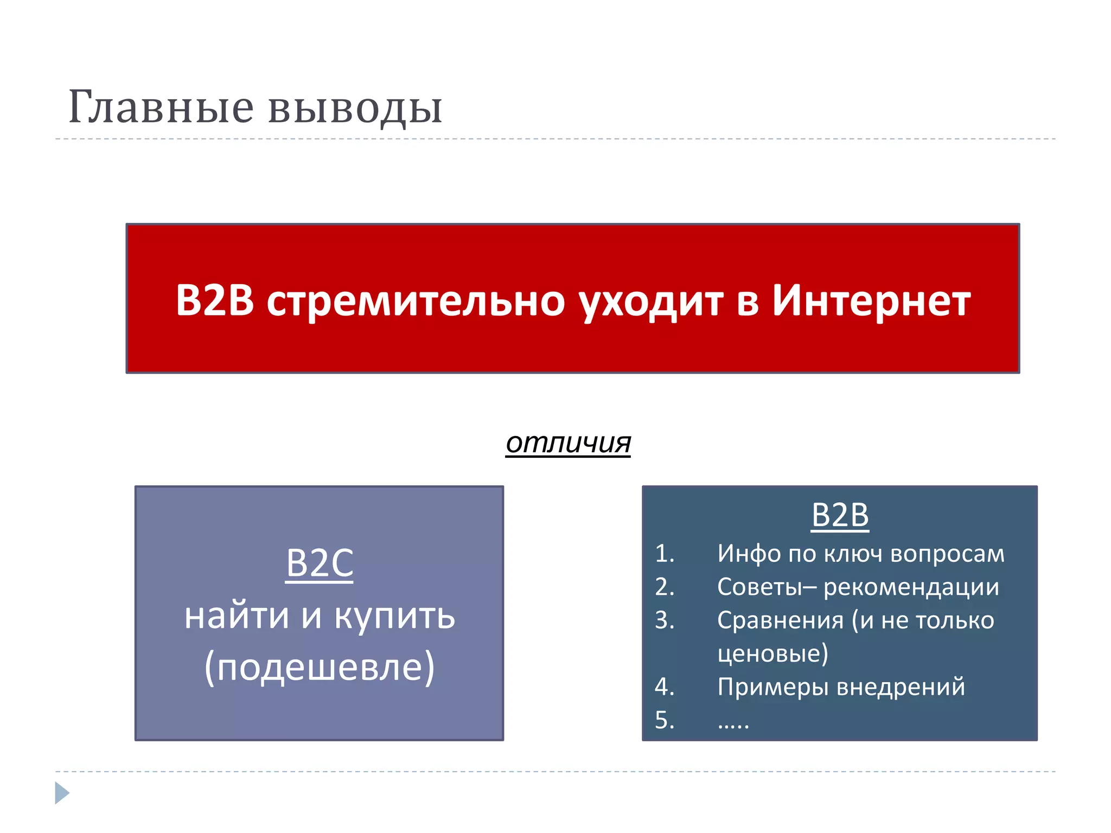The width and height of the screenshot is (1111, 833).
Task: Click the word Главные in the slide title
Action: pos(161,107)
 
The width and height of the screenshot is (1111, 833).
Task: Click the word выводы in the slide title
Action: pos(355,108)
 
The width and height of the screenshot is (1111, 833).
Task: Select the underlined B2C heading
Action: pos(320,563)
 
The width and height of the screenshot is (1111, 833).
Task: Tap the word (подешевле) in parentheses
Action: pos(320,667)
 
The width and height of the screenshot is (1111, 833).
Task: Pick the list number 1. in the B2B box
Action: pos(665,554)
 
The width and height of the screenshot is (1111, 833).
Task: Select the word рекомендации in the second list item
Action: pos(911,587)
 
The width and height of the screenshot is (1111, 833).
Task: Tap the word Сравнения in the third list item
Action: pos(780,620)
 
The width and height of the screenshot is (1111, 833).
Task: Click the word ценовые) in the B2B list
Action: pos(772,653)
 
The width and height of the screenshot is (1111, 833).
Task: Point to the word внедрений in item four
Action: pos(901,687)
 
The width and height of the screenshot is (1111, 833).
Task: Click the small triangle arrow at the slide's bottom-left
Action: pos(62,793)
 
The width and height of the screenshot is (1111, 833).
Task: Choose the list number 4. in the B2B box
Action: pos(665,687)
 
